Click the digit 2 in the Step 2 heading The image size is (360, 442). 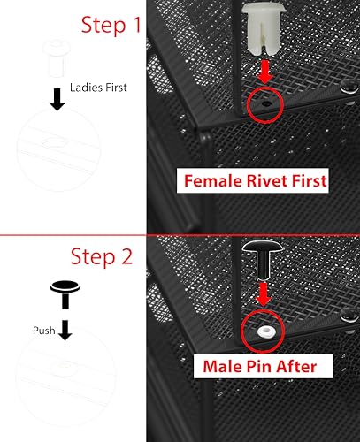126,256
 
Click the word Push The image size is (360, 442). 44,331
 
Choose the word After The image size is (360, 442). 296,366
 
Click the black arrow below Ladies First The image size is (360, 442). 57,100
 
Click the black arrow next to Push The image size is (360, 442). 65,330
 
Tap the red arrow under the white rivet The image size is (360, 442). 265,72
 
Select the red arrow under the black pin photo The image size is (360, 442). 263,294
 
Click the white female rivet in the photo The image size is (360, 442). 264,29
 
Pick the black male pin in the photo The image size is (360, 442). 263,260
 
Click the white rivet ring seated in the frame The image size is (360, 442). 267,331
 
